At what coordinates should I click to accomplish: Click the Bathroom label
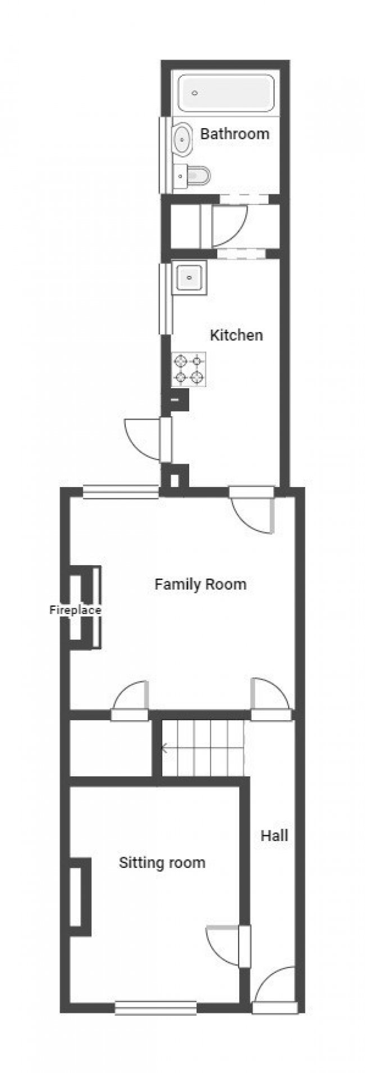pos(234,134)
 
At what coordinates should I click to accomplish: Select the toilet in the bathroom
pos(193,176)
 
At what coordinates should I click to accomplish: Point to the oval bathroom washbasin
pos(183,139)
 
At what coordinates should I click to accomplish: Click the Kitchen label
pos(236,335)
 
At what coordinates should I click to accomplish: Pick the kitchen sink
pos(190,278)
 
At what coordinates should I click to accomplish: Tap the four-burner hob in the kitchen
pos(189,369)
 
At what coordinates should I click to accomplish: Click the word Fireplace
pos(75,610)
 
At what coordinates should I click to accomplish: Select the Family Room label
pos(200,584)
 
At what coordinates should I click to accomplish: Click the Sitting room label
pos(162,862)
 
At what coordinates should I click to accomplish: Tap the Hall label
pos(274,835)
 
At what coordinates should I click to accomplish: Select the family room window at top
pos(121,492)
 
